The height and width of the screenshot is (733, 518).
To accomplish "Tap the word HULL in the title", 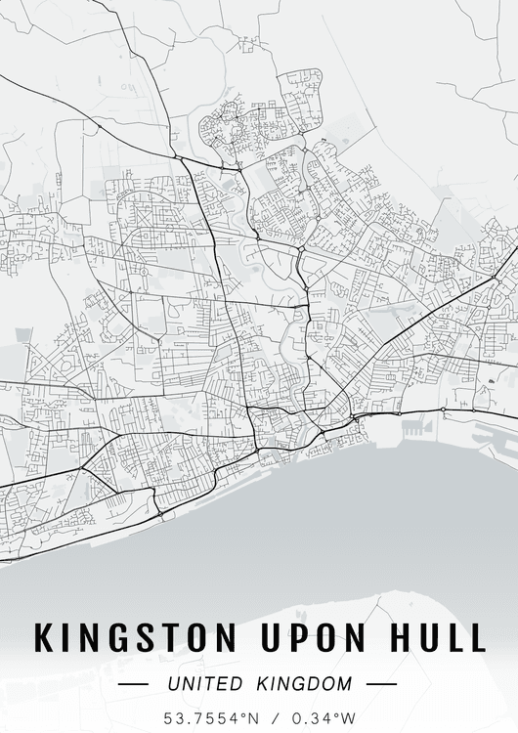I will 436,637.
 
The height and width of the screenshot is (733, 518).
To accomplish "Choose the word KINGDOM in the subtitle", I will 305,683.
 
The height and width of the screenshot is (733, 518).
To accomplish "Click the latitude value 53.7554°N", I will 212,717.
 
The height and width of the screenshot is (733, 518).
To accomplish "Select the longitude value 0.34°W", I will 324,717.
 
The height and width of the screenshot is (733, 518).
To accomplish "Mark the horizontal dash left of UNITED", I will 132,684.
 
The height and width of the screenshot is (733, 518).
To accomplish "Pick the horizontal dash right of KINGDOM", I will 381,684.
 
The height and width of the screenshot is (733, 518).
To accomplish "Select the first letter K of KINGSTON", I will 45,637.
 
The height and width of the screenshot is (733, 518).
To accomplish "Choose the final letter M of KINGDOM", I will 343,683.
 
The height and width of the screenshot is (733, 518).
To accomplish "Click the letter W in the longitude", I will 349,717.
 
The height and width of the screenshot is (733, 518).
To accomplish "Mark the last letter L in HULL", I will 476,637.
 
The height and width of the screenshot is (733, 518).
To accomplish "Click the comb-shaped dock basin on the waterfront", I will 414,427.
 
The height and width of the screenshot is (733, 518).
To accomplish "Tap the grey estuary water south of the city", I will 293,528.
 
